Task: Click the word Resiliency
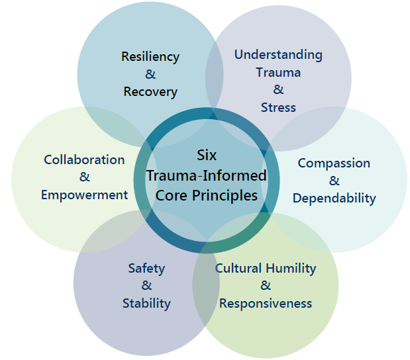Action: point(150,57)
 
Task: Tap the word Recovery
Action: point(150,92)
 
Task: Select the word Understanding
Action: point(278,55)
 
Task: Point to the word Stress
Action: point(278,107)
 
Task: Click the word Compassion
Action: point(334,163)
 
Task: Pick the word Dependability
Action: point(334,198)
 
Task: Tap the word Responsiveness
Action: point(266,304)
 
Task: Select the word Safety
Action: point(146,269)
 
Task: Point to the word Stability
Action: point(146,304)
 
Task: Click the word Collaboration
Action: point(84,159)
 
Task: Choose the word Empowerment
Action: point(84,195)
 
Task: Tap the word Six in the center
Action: point(207,155)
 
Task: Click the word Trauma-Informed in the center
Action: point(207,175)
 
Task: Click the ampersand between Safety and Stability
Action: point(146,286)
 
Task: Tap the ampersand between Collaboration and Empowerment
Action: point(84,177)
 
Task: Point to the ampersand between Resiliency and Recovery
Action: point(150,74)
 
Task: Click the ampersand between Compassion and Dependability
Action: point(334,180)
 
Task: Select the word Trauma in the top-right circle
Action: point(278,72)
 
